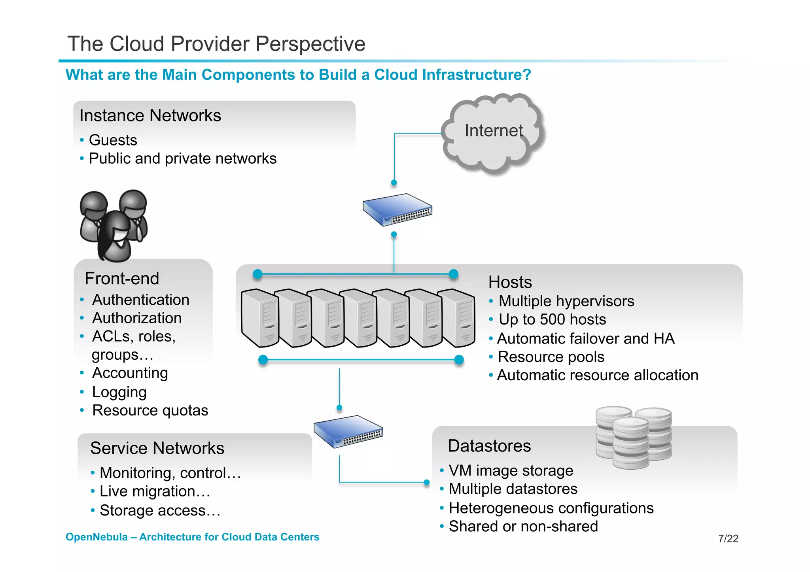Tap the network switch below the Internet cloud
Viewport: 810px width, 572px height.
[397, 210]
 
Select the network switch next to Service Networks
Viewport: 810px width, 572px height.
[348, 431]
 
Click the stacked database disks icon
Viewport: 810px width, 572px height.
[633, 437]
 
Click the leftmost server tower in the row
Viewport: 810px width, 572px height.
[260, 318]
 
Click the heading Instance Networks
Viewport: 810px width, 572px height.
[150, 116]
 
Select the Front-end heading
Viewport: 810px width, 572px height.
[122, 279]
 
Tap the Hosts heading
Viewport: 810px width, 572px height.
[510, 282]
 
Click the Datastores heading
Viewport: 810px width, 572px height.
[489, 446]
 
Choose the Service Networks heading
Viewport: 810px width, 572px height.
[157, 448]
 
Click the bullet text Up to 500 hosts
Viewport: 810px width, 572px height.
[552, 319]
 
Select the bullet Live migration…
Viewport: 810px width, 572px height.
[155, 491]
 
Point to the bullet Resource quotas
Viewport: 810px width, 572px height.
[150, 410]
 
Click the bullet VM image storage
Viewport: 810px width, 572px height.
[511, 471]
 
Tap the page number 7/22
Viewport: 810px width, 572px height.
[728, 538]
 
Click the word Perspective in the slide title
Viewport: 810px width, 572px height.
[310, 44]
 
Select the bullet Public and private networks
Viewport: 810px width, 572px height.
[182, 159]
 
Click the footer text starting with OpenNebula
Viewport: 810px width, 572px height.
[192, 537]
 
